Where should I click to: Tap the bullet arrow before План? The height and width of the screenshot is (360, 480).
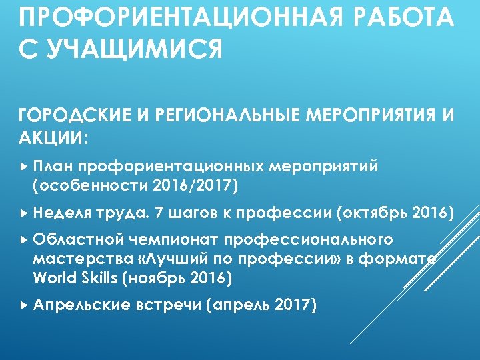[24, 166]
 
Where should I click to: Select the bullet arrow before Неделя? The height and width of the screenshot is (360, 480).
[24, 213]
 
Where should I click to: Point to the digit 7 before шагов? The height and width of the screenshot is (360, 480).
[158, 213]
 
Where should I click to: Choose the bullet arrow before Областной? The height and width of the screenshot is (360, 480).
[24, 239]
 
